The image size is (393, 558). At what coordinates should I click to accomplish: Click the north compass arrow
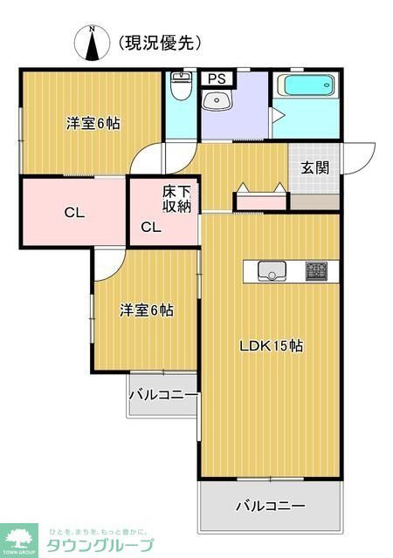click(x=93, y=44)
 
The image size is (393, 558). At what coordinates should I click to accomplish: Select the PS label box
click(x=214, y=78)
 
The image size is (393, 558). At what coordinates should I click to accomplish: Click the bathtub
click(x=305, y=87)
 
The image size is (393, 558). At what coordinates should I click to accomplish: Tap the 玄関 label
click(x=315, y=168)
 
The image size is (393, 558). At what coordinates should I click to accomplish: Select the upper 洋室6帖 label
click(x=93, y=124)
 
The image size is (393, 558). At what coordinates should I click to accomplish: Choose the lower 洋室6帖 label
click(x=146, y=310)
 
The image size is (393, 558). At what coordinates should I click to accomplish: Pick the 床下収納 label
click(x=176, y=200)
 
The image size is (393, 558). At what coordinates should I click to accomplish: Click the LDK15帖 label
click(x=272, y=345)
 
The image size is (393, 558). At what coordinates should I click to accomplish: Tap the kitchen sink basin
click(x=273, y=271)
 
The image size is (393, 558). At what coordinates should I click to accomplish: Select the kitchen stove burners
click(x=315, y=270)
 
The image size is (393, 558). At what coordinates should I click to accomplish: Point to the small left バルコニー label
click(x=163, y=395)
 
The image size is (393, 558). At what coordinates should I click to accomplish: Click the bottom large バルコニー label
click(x=270, y=506)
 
